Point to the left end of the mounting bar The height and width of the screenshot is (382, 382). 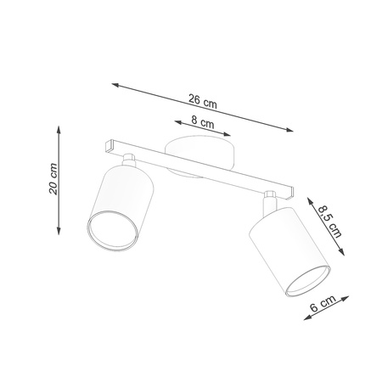point(105,146)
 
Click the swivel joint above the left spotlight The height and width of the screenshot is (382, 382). point(130,160)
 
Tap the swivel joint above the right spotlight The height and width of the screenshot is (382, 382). point(269,200)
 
